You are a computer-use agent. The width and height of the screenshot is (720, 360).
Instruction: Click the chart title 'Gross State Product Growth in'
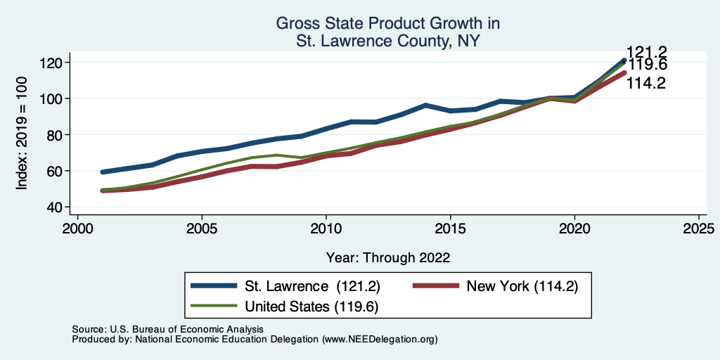[387, 23]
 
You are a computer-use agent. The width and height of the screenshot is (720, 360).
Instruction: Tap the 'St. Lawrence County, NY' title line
[387, 41]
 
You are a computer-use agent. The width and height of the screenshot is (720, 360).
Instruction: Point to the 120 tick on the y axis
[54, 63]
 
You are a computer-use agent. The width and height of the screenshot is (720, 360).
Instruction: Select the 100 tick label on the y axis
[54, 98]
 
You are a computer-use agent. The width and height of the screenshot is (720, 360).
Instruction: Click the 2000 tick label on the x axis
[77, 229]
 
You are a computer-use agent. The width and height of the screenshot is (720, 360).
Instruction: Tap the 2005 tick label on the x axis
[202, 229]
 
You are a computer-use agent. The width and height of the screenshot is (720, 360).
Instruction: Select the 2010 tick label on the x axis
[326, 229]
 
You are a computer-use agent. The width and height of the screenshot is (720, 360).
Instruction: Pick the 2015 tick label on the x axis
[451, 229]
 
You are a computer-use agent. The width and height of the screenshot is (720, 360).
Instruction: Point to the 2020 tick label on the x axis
[574, 229]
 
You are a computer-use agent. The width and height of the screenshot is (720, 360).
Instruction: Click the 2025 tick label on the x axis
[699, 229]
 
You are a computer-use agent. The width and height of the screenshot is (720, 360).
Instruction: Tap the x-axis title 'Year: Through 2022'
[387, 257]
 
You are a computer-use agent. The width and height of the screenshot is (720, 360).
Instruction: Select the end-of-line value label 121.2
[648, 52]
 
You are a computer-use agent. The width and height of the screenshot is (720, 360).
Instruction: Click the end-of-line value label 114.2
[648, 83]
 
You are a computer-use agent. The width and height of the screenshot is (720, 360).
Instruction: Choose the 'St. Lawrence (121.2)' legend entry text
[303, 286]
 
